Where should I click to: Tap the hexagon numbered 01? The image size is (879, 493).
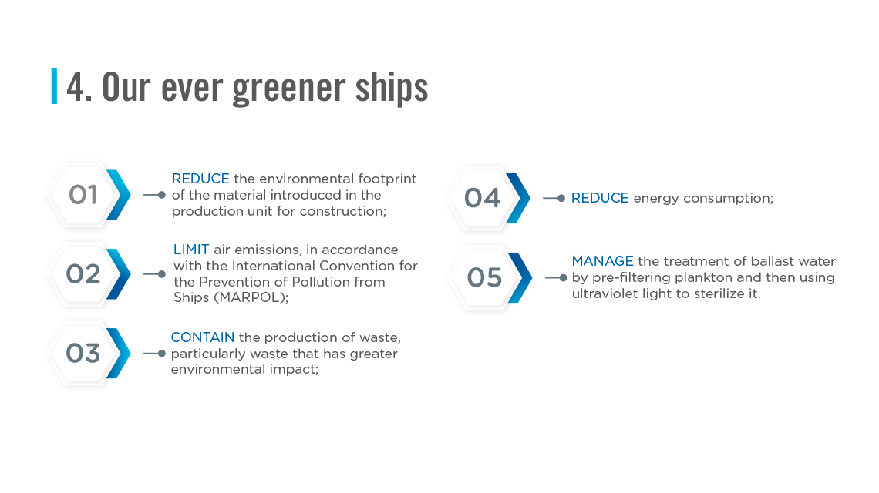pos(83,195)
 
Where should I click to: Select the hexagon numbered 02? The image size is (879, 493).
pos(83,274)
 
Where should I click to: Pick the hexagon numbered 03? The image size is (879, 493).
pos(83,353)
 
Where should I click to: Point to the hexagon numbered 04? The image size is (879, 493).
pos(482,198)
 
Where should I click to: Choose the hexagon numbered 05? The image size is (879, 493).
pos(484,277)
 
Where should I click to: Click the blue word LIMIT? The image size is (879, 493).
pos(191,250)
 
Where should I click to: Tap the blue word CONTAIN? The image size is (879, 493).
pos(202,337)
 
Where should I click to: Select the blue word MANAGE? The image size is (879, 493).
pos(603,261)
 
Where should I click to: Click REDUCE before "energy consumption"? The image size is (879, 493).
pos(600,198)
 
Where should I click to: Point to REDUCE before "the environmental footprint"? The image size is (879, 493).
pos(200,179)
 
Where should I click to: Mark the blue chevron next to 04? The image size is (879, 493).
pos(518,198)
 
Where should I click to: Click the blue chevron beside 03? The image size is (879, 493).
pos(119,353)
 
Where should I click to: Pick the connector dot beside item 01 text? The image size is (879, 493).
pos(161,195)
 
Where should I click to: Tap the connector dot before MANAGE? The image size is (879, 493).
pos(563,277)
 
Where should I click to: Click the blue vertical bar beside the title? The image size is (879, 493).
pos(55,86)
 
